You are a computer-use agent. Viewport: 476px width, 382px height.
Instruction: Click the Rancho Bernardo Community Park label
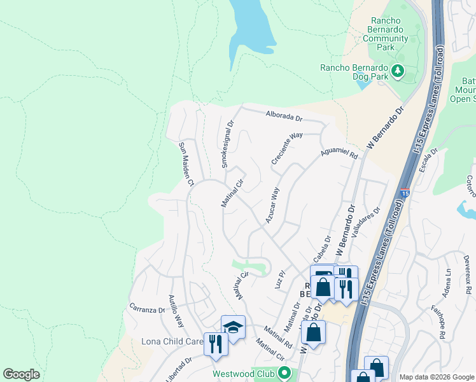click(386, 33)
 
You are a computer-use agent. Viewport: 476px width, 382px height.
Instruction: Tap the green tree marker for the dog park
click(398, 69)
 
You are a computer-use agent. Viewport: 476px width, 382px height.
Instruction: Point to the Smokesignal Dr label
click(227, 146)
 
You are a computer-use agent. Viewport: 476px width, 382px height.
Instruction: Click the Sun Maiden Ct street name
click(186, 164)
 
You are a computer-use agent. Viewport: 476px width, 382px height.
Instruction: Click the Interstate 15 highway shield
click(405, 192)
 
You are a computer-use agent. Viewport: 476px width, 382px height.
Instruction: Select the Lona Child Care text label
click(172, 342)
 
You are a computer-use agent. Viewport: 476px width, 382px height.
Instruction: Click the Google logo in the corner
click(21, 374)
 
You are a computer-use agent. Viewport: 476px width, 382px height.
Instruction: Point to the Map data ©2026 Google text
click(436, 377)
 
